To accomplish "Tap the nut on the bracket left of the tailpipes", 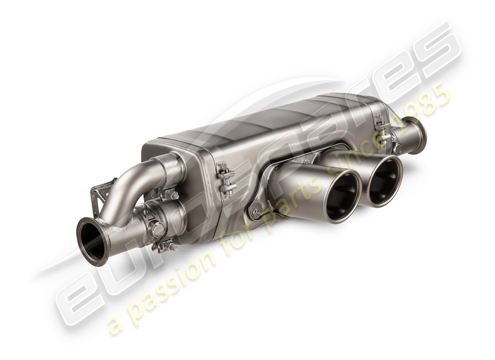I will tap(256, 212).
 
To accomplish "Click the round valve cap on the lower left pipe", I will tap(158, 229).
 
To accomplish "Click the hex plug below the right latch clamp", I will tap(397, 148).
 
